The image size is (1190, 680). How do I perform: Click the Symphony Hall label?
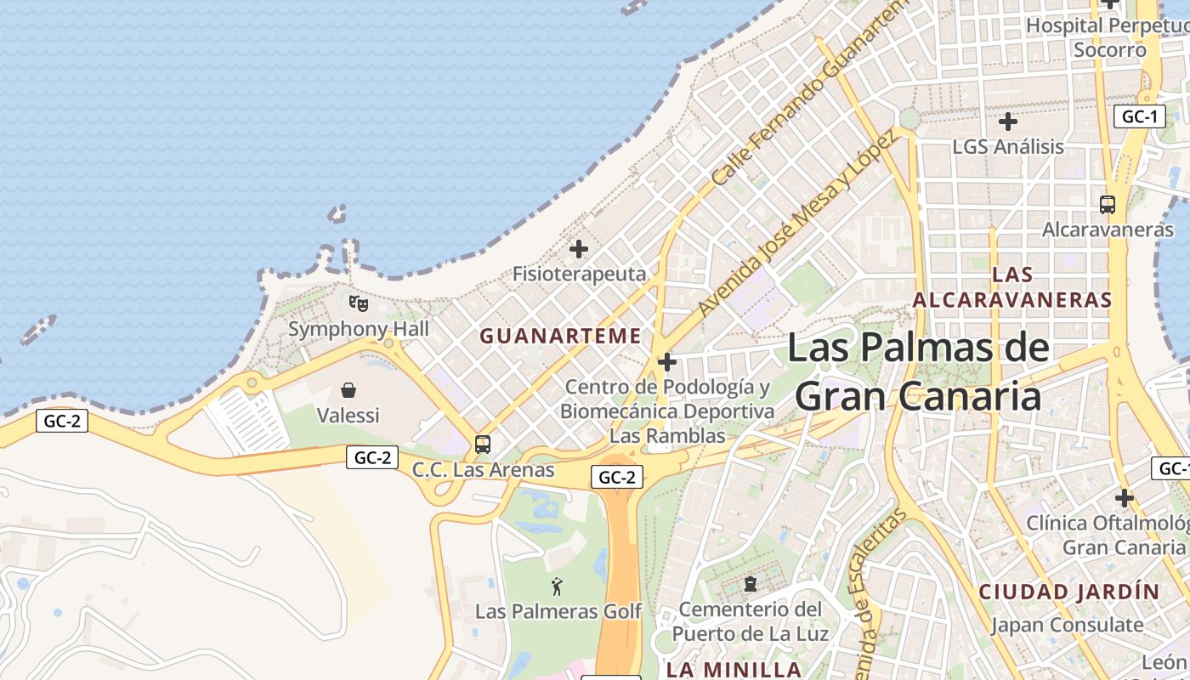click(358, 329)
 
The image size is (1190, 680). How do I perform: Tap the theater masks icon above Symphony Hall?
click(359, 303)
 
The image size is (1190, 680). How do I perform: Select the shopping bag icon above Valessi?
click(348, 390)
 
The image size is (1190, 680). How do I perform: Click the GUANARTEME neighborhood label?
click(560, 336)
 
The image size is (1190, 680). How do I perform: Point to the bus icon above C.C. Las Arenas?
click(483, 444)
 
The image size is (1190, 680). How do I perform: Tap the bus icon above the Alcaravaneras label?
click(1107, 204)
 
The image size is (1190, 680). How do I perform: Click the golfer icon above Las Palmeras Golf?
click(558, 586)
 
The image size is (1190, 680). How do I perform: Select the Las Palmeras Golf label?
click(558, 611)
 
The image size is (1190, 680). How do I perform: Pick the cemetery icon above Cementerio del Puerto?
click(751, 584)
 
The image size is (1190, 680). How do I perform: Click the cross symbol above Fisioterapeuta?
click(579, 249)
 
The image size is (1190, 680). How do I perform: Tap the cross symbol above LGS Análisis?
click(1008, 122)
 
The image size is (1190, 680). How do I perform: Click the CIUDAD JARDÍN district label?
click(1068, 592)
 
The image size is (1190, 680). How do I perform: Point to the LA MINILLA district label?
click(734, 669)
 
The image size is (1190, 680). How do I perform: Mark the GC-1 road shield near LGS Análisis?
click(1139, 116)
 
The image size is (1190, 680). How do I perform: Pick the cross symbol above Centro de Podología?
click(667, 363)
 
